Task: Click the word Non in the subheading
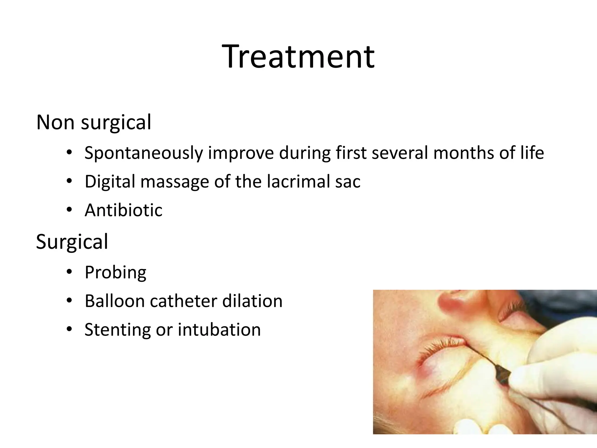(55, 122)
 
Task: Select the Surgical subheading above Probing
(72, 242)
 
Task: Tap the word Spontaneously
(143, 153)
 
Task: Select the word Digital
(110, 182)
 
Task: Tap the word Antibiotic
(123, 210)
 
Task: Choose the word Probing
(115, 273)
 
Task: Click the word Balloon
(115, 301)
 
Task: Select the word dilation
(252, 301)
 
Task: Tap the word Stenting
(117, 330)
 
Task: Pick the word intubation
(219, 330)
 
